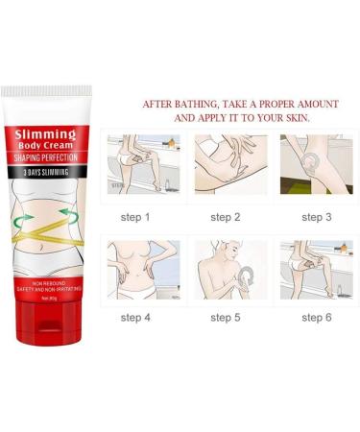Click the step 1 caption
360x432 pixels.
click(134, 217)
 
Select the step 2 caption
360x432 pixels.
click(224, 217)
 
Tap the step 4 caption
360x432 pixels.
click(134, 317)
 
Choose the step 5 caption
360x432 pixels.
click(224, 317)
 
